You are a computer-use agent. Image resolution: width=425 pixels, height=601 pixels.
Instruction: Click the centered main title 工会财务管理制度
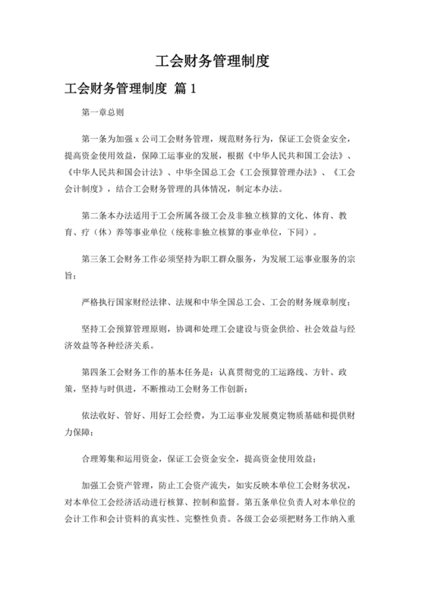click(x=212, y=60)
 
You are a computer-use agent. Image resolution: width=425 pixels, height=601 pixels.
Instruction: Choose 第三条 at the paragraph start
click(x=94, y=257)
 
